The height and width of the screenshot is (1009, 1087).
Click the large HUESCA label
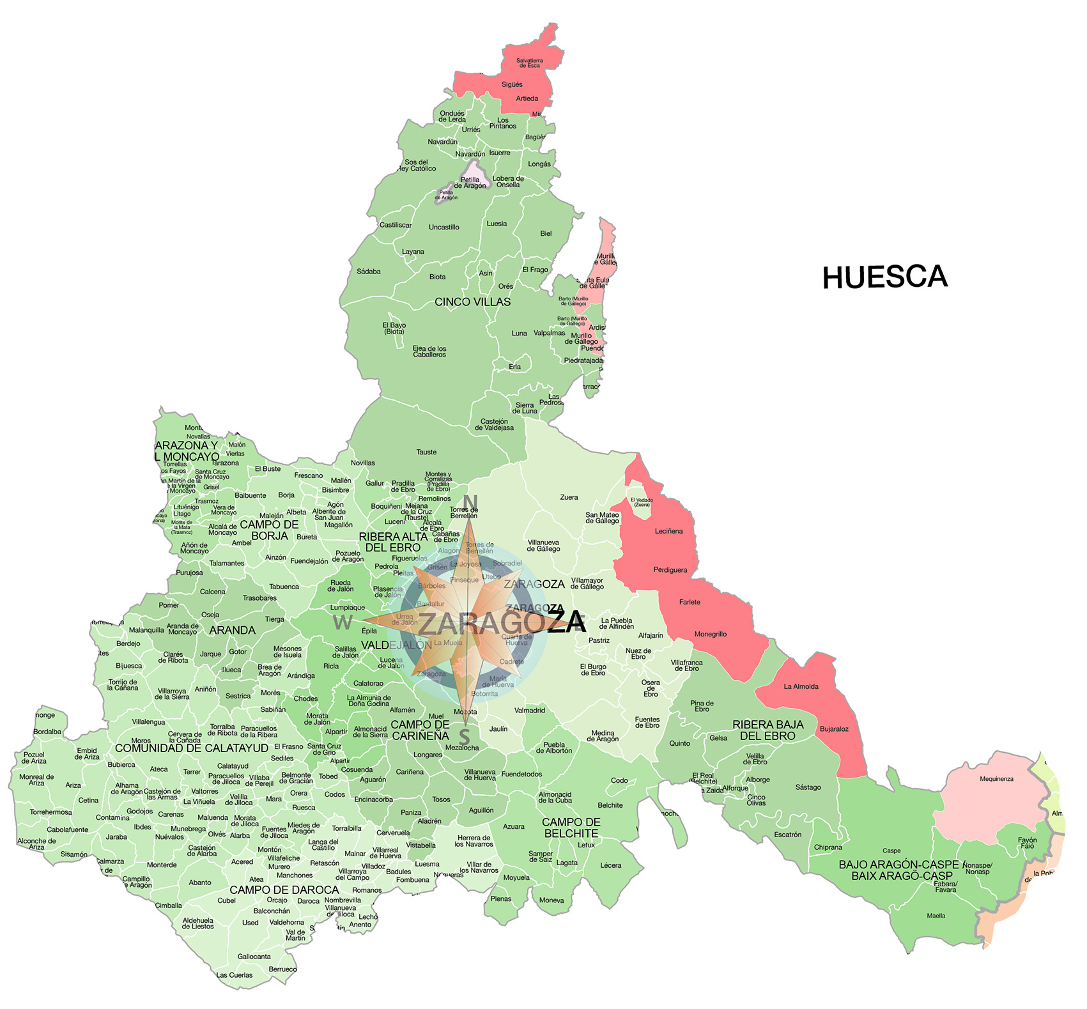point(884,277)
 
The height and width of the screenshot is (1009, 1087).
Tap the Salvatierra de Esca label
point(529,63)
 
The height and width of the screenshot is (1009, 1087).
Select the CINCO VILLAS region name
point(472,302)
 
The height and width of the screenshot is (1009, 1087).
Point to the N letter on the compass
point(470,501)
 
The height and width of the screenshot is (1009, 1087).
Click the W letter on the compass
point(343,622)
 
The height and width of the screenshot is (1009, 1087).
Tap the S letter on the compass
point(465,736)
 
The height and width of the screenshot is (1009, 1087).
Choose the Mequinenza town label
point(996,778)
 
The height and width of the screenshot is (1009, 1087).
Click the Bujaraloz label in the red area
point(834,728)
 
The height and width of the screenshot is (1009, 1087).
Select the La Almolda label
point(801,686)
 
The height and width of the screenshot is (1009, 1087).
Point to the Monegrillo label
point(710,634)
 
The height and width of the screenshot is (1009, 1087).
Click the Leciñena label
point(668,531)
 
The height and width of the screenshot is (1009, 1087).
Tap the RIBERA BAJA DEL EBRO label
point(767,730)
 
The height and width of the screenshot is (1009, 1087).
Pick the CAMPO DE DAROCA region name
point(284,890)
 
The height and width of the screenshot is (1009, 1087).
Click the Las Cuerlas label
point(234,974)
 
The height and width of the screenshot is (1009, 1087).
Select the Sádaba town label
point(368,272)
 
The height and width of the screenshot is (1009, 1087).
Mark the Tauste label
point(426,452)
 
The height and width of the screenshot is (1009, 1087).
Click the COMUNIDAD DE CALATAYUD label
point(191,748)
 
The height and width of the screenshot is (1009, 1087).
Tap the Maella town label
point(936,915)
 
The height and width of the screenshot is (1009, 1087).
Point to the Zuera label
point(569,497)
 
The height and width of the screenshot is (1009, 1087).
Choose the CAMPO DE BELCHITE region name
point(571,828)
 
